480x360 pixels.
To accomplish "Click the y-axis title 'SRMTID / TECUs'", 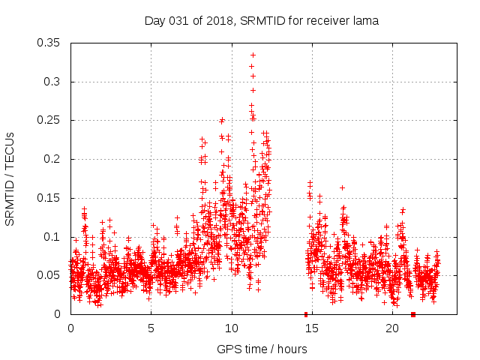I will [10, 178].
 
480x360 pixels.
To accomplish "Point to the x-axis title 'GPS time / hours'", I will [261, 349].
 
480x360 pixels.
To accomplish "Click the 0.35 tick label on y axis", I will [49, 43].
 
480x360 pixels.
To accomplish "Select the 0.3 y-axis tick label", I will [52, 82].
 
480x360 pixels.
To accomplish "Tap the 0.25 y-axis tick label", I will [49, 120].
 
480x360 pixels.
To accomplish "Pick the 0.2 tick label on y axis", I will [52, 159].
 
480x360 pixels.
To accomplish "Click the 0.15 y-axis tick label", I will [49, 198].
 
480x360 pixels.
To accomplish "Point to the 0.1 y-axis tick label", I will [52, 237].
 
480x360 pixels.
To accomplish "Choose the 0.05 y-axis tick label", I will [49, 275].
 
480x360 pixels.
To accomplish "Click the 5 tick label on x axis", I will [151, 328].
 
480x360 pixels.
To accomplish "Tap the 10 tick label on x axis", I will [232, 328].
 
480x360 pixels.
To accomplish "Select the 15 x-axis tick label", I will [312, 328].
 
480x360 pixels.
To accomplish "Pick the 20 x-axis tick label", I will [392, 328].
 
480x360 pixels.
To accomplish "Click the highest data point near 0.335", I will [253, 55].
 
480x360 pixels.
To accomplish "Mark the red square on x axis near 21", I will [413, 314].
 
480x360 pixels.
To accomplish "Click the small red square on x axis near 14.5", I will [305, 314].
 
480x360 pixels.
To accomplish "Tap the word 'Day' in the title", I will [154, 21].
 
